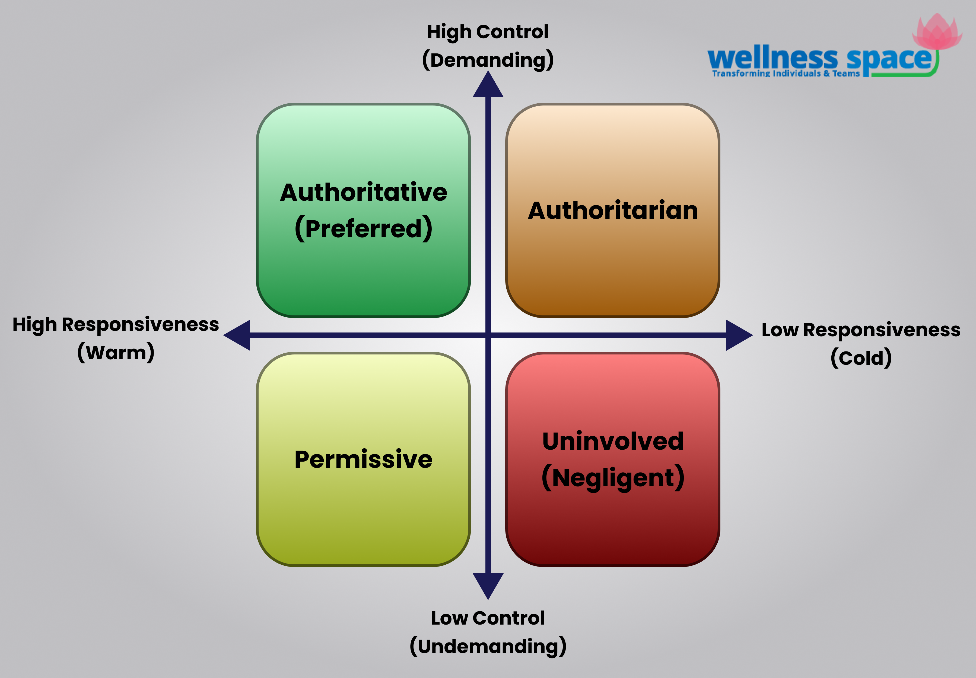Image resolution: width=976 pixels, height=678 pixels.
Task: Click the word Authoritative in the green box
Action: (x=363, y=193)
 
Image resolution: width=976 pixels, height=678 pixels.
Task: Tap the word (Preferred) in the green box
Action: (x=363, y=229)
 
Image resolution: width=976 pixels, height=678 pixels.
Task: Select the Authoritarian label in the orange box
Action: (x=613, y=211)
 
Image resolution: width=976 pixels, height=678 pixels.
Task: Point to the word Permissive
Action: (x=363, y=460)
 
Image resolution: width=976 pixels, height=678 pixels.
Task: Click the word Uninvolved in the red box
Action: (x=613, y=442)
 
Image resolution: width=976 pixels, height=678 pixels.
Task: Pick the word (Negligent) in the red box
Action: (x=613, y=478)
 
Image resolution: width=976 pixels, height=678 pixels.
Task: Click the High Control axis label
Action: (x=488, y=32)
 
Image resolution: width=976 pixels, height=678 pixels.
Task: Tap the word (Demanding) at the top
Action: (x=488, y=60)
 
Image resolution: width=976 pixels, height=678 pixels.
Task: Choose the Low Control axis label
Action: (x=488, y=618)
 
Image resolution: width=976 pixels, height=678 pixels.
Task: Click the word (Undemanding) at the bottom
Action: (x=488, y=646)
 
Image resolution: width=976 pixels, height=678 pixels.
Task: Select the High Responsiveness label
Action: (x=116, y=325)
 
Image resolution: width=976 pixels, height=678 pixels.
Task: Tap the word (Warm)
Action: (x=116, y=353)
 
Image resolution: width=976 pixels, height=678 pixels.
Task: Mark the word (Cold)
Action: (x=861, y=358)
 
